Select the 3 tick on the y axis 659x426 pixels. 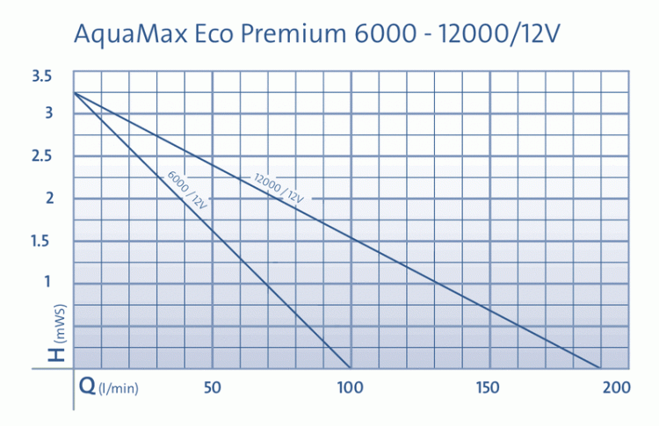point(49,112)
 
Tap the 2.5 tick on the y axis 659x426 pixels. point(41,155)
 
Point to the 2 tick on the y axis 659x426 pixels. point(49,198)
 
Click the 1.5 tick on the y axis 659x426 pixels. point(41,241)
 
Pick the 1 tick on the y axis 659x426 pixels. point(49,282)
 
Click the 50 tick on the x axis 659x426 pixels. point(212,387)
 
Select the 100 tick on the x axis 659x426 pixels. point(350,387)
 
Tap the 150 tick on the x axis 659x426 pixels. point(488,387)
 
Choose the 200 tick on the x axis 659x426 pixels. point(619,387)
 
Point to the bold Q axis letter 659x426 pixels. point(88,386)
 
